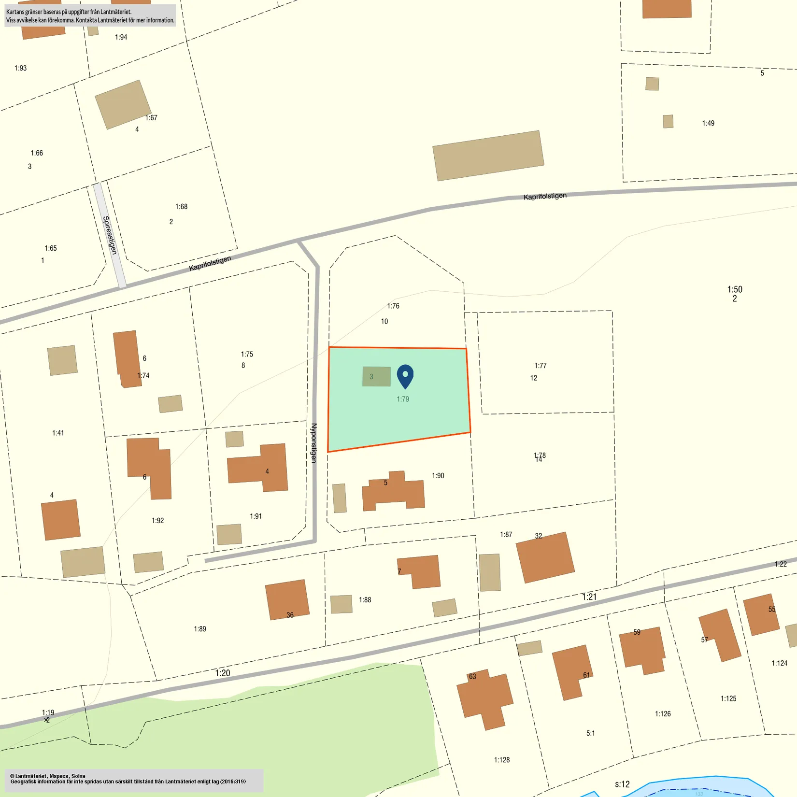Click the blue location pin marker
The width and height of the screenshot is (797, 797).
(x=405, y=375)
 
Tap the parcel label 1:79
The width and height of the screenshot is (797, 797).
(x=403, y=399)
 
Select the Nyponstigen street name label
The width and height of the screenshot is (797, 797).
(x=314, y=443)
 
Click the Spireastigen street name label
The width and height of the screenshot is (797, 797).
(x=110, y=235)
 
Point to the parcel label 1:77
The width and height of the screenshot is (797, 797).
(x=541, y=366)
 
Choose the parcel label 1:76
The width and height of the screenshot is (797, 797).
(x=393, y=306)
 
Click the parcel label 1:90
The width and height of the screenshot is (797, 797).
(x=438, y=476)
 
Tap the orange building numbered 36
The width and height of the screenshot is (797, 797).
(x=287, y=599)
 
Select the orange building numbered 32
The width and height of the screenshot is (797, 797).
(x=545, y=557)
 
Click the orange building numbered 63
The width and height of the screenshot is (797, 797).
(x=484, y=698)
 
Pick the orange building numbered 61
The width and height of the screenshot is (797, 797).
(x=572, y=672)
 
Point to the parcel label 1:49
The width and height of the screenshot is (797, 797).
(x=708, y=123)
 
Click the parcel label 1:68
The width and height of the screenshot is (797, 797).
(x=181, y=207)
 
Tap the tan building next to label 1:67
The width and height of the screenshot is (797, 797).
(x=123, y=104)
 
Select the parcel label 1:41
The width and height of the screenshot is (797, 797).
(x=58, y=433)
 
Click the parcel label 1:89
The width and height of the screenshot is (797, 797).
(x=200, y=629)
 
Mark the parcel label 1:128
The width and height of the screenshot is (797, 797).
(x=502, y=760)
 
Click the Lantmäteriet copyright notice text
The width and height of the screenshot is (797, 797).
(x=128, y=779)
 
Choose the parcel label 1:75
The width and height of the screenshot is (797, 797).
(x=247, y=354)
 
